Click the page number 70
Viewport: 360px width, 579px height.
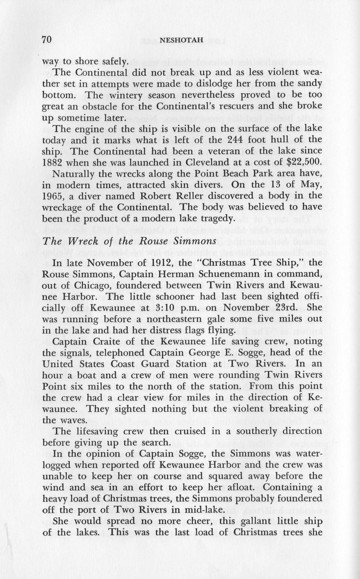click(x=46, y=40)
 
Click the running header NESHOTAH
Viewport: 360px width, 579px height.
click(x=182, y=41)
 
